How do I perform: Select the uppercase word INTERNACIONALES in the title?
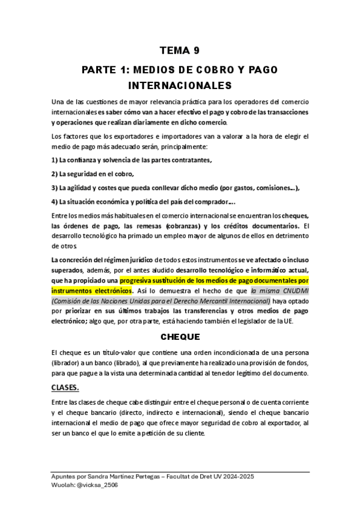[x=180, y=85]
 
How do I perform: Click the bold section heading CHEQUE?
[x=180, y=337]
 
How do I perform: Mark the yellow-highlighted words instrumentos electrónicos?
[x=91, y=290]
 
